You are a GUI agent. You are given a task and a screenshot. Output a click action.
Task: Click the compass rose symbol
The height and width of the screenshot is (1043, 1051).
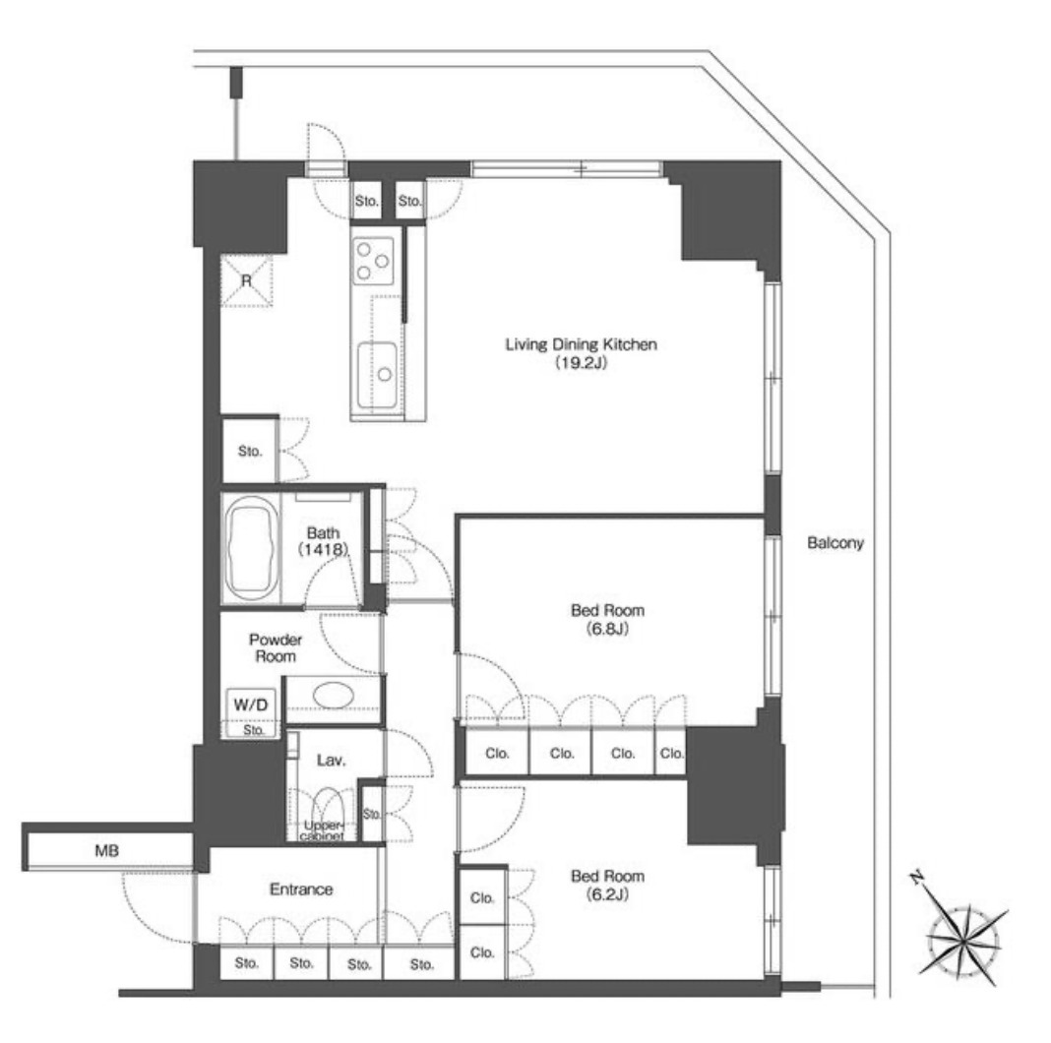tap(961, 937)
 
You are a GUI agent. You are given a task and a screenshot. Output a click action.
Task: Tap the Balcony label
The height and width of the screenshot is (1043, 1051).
tap(835, 543)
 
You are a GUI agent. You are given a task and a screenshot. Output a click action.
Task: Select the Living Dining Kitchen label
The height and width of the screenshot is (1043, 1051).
tap(581, 344)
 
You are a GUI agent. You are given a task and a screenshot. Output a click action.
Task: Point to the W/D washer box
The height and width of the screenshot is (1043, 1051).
tap(251, 705)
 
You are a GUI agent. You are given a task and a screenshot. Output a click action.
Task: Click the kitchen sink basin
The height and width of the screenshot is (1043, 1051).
tap(377, 375)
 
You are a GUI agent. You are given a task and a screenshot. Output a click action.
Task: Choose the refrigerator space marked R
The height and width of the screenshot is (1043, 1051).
tap(247, 280)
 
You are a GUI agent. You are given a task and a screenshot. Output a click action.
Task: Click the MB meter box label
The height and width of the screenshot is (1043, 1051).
tap(106, 851)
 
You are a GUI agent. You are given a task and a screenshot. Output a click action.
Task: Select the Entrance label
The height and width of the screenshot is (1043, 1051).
tap(301, 890)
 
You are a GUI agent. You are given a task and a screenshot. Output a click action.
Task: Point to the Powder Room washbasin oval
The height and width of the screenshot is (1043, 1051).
tap(334, 695)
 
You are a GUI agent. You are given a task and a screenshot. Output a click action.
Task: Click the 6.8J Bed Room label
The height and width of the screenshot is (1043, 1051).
tap(607, 619)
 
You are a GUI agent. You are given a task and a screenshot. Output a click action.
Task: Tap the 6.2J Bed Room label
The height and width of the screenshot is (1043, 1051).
tap(607, 885)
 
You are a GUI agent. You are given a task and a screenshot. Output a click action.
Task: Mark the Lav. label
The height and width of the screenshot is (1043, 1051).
tap(331, 761)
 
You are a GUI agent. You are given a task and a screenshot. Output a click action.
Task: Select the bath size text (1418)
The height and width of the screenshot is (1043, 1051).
tap(323, 550)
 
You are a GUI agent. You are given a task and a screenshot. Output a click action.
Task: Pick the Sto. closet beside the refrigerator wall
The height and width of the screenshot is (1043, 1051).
tap(249, 451)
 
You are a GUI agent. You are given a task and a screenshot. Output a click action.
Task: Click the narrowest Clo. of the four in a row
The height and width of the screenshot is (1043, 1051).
tap(671, 754)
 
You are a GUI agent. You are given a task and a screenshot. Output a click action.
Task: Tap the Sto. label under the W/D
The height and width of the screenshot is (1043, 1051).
tap(253, 730)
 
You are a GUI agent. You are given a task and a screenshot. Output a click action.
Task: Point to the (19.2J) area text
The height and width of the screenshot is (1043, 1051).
tap(581, 363)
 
